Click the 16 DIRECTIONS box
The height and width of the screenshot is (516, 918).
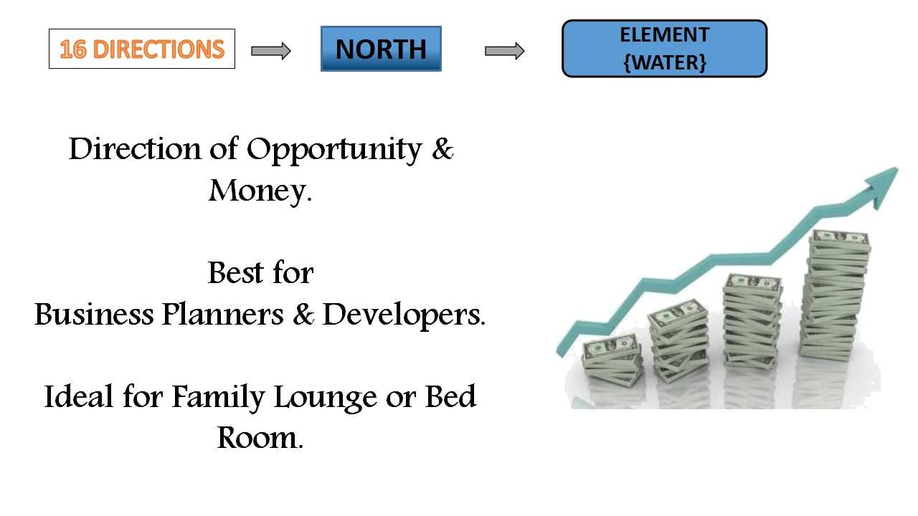(142, 49)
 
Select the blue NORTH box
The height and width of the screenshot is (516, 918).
(381, 49)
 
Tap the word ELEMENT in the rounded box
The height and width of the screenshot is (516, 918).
(664, 35)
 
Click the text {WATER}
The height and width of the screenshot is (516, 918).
(664, 62)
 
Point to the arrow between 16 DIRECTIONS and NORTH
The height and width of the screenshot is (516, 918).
(271, 51)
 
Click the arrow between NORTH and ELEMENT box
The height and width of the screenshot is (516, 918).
(504, 51)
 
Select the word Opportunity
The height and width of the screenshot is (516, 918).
(334, 150)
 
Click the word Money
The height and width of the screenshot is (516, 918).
(260, 191)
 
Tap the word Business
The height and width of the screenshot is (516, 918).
(94, 315)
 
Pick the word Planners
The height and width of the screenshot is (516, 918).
(222, 315)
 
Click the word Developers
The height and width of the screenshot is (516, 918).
(404, 315)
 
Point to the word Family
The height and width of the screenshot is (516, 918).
(218, 398)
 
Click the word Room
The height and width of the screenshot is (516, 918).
(260, 438)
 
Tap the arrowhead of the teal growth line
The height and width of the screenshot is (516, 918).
(882, 185)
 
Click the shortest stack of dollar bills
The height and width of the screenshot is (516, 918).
(612, 360)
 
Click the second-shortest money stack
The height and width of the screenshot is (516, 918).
(679, 340)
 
